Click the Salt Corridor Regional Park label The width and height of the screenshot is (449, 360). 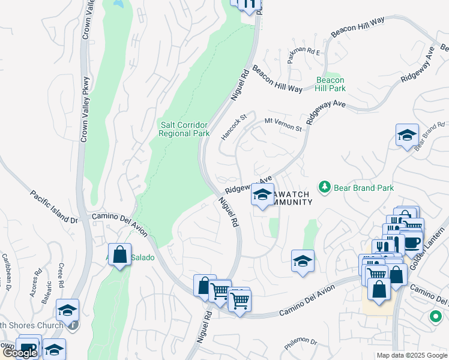(184, 129)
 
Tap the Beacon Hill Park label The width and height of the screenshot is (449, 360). (331, 84)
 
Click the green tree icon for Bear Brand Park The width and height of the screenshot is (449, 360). (325, 187)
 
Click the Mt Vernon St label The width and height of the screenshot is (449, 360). (283, 125)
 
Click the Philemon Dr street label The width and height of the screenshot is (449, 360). (301, 342)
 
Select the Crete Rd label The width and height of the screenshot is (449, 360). (61, 274)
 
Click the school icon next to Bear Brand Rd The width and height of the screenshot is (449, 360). (407, 135)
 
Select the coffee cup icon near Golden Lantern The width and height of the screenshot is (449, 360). (412, 242)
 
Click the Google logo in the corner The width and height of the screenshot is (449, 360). (20, 353)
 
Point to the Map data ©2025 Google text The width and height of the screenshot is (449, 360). (412, 355)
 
